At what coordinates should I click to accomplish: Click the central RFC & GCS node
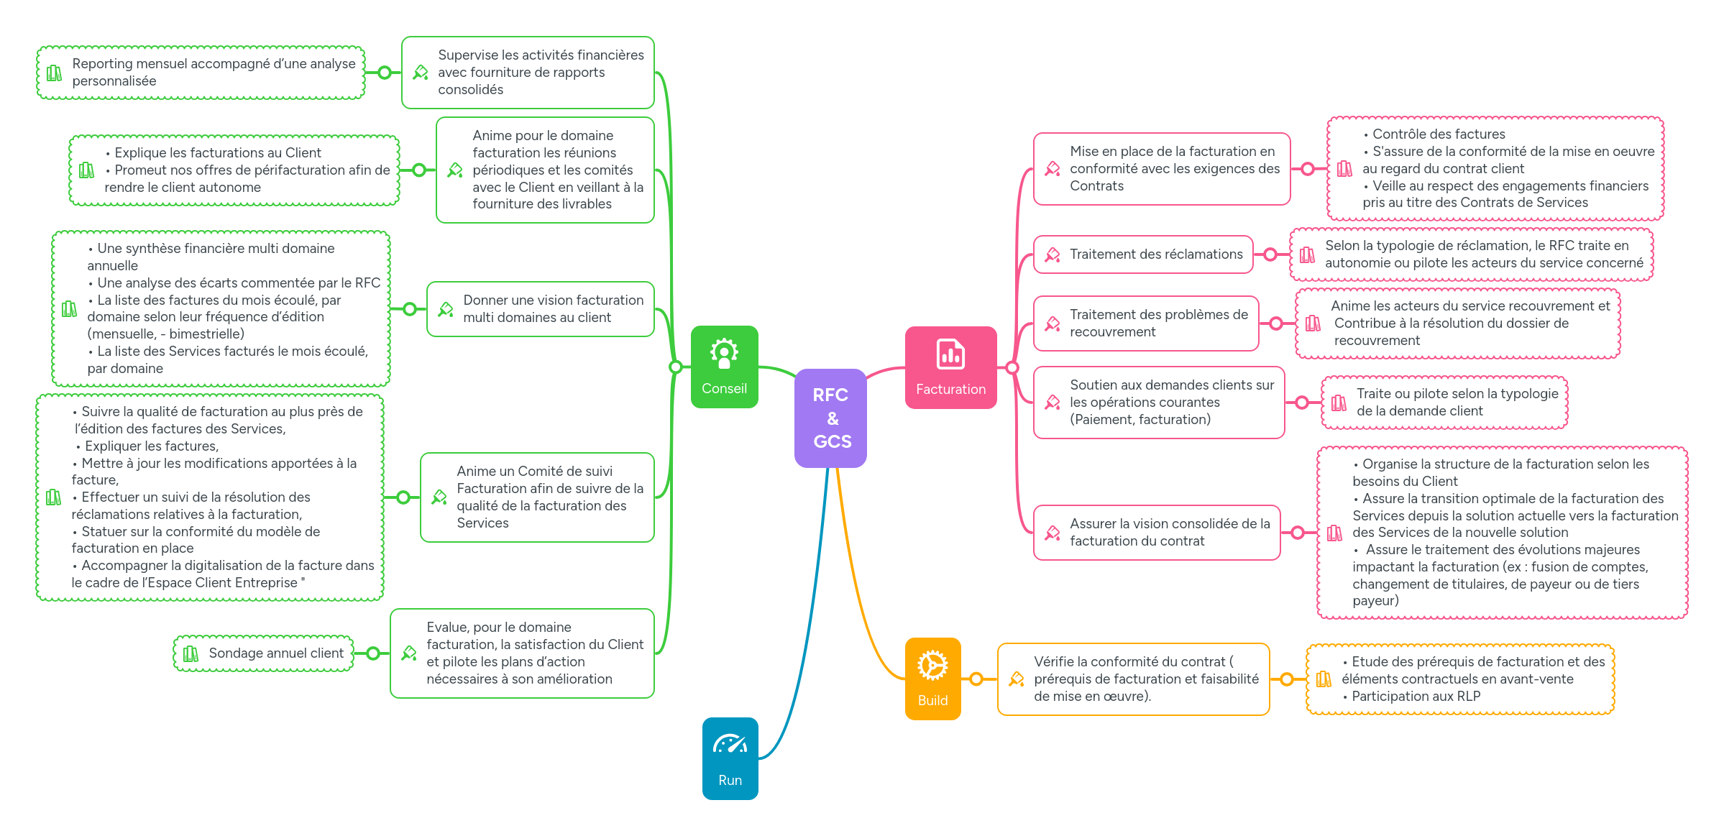[830, 418]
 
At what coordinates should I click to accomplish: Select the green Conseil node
[724, 367]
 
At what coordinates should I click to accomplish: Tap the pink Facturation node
[950, 368]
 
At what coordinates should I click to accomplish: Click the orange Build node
[932, 679]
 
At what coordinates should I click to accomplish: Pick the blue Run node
[730, 758]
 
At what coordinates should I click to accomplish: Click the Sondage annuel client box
[264, 653]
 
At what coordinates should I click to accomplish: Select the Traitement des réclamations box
[1143, 254]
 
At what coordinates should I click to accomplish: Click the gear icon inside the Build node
[932, 666]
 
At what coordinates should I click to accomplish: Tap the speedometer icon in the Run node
[730, 744]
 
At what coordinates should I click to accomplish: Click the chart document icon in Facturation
[950, 354]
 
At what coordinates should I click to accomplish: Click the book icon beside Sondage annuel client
[191, 653]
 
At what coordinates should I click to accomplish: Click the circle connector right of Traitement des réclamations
[1270, 254]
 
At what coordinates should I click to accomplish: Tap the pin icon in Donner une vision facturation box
[446, 310]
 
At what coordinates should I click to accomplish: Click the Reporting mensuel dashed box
[201, 73]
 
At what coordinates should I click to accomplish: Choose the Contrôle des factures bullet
[1438, 134]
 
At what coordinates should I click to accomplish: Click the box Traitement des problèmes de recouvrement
[1146, 323]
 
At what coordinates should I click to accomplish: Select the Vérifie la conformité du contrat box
[1133, 679]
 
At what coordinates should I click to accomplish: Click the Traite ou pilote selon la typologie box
[1445, 403]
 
